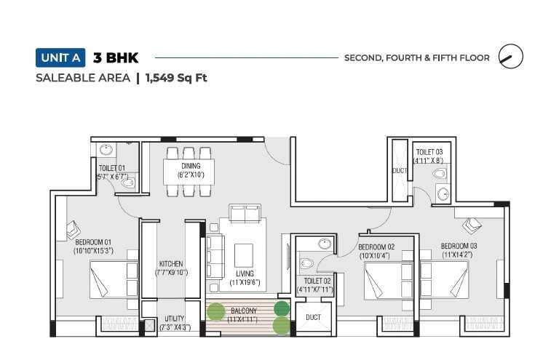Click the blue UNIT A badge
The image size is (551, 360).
point(60,57)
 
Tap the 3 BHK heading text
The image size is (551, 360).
point(116,58)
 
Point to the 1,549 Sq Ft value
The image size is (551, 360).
point(176,78)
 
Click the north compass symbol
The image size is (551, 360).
point(510,57)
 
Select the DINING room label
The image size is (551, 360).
point(191,166)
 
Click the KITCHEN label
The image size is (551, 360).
point(171,264)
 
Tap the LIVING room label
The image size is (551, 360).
point(245,273)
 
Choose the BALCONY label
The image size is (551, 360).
point(244,311)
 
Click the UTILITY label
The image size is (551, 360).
point(174,319)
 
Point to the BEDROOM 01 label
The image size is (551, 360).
point(93,242)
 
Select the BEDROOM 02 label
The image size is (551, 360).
point(376,247)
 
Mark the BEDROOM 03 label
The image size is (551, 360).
point(459,246)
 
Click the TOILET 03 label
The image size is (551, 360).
point(429,152)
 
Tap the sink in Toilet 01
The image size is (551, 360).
point(106,150)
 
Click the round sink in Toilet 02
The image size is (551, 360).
point(325,244)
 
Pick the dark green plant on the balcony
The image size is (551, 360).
point(282,308)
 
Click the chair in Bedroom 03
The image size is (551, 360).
point(471,225)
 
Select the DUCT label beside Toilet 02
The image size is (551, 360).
point(313,318)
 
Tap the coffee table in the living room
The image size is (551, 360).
point(244,255)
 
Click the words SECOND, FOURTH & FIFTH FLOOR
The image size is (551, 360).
point(417,58)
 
